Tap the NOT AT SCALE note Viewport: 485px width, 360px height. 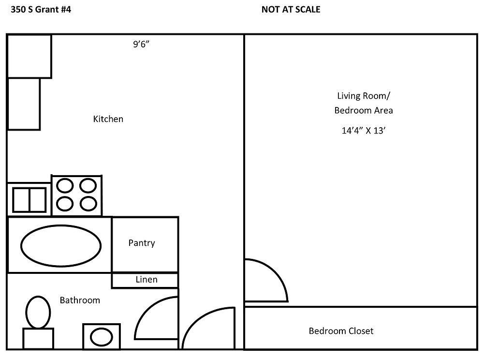(291, 9)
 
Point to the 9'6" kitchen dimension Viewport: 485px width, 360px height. (144, 45)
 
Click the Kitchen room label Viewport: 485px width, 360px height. (108, 119)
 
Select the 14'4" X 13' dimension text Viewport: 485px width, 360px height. (363, 130)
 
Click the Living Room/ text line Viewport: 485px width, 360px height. (363, 95)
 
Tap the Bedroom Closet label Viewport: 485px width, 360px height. (341, 331)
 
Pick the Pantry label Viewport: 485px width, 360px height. (142, 243)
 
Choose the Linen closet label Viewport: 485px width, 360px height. (146, 279)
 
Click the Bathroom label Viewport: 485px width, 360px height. (80, 300)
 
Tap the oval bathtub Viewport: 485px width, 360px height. (60, 245)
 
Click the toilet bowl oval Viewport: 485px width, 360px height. (38, 312)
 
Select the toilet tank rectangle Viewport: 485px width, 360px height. (38, 339)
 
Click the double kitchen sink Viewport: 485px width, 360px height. (29, 199)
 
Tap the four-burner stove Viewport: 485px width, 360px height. (77, 195)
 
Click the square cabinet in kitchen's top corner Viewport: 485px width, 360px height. (29, 56)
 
